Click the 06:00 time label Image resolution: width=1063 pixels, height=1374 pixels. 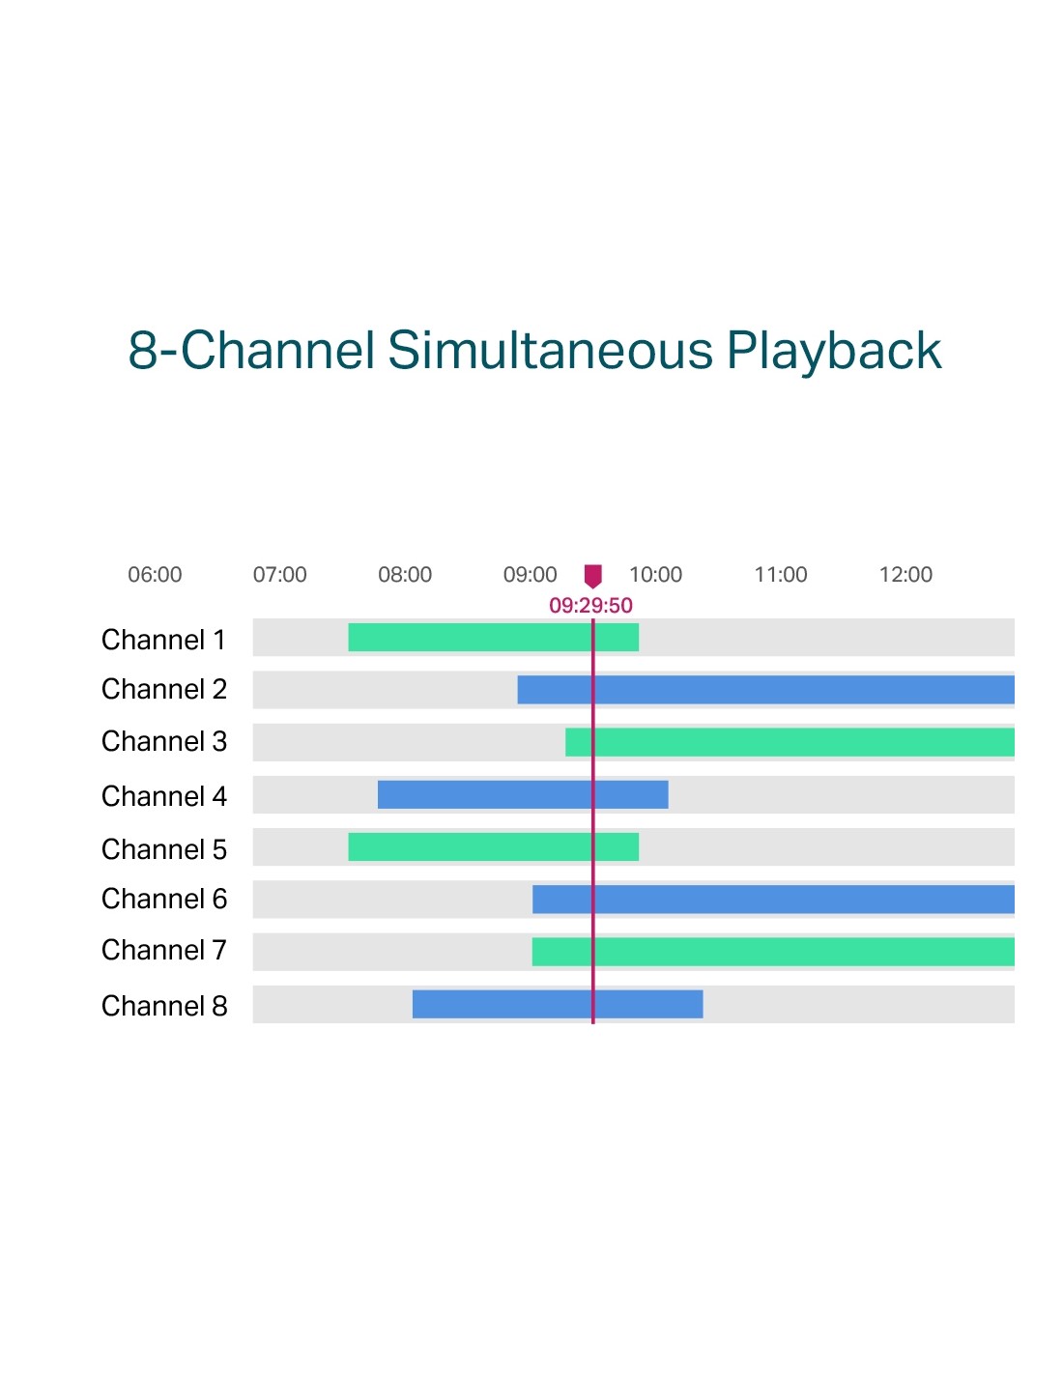(x=155, y=574)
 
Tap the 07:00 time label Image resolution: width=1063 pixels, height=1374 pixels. (x=279, y=574)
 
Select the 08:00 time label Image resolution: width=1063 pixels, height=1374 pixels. (x=405, y=574)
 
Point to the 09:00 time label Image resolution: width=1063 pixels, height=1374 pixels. (x=530, y=574)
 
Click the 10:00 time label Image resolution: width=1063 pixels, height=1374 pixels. (x=656, y=574)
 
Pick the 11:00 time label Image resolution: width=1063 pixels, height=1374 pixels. (x=781, y=574)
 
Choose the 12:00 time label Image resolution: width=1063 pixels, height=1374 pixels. (x=905, y=574)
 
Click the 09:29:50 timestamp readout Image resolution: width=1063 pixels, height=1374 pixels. (x=590, y=605)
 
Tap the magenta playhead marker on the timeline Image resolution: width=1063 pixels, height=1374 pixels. (x=592, y=576)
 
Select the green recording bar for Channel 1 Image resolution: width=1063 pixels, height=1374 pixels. (x=493, y=637)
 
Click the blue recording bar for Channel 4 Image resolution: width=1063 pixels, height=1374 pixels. (x=523, y=794)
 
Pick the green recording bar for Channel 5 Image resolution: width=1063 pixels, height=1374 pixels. (x=493, y=846)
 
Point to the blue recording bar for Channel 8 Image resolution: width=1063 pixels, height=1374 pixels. (x=558, y=1004)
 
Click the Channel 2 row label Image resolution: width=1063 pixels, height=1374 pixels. (x=163, y=689)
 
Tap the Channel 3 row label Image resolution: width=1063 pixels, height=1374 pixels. (x=163, y=741)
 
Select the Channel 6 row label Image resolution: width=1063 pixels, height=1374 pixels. (x=163, y=899)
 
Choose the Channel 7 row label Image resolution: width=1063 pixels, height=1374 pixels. (x=163, y=950)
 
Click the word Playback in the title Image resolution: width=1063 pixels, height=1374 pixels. (x=834, y=352)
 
